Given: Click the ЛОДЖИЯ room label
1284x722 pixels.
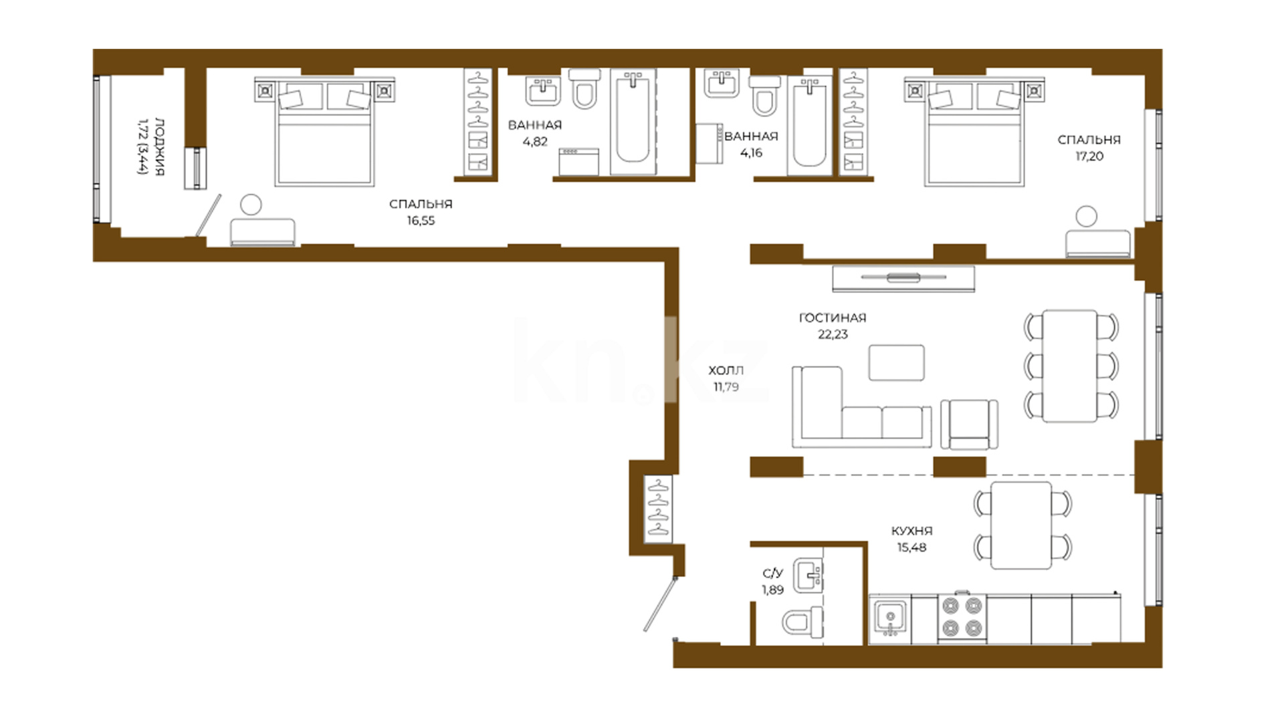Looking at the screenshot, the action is point(160,146).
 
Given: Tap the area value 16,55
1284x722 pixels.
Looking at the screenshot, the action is point(421,221).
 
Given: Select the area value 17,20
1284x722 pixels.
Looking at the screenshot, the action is point(1089,156).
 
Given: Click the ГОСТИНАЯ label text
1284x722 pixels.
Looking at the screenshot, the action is point(833,318).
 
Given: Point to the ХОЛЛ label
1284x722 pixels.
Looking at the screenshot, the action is point(726,370).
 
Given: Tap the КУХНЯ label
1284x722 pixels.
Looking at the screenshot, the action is point(912,531).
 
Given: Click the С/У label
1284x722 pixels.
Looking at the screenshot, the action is point(772,574).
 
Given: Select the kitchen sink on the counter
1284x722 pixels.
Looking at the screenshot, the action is point(891,618).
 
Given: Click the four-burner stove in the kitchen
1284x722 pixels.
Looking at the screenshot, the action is point(962,617).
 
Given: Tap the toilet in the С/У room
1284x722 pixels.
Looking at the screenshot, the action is point(802,622).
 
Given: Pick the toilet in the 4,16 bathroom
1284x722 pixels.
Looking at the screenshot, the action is point(764,95).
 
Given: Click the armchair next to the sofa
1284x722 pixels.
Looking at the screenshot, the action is point(969,425).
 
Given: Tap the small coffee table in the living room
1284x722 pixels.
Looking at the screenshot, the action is point(897,362).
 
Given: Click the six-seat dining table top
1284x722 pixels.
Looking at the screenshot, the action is point(1070,366).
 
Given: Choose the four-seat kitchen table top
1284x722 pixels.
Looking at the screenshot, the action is point(1021,525).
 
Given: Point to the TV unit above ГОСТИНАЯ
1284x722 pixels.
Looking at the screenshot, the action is point(903,279).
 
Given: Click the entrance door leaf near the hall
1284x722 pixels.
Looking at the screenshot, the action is point(660,604).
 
